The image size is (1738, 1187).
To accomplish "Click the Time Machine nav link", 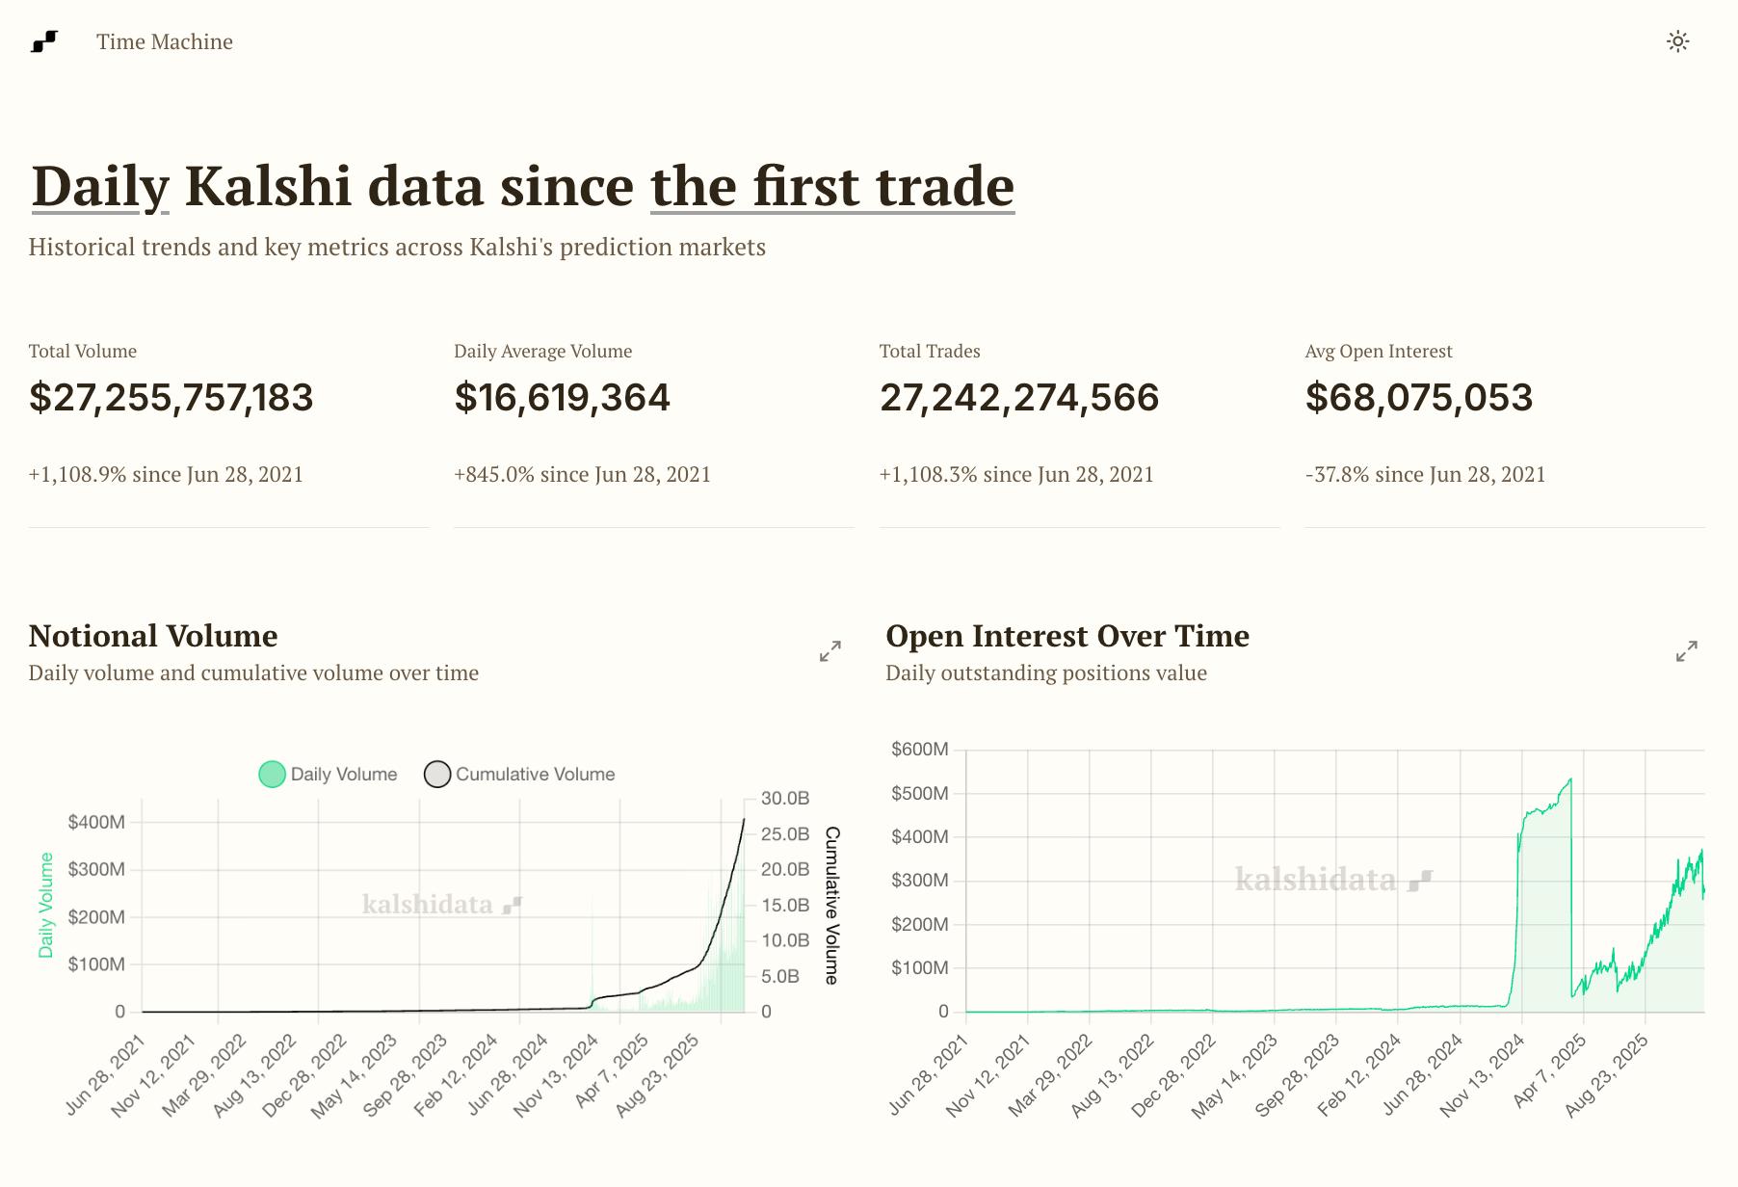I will [x=164, y=41].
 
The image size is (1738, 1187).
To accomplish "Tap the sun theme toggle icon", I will [x=1677, y=41].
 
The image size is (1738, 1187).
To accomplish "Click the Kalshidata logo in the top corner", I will [x=44, y=41].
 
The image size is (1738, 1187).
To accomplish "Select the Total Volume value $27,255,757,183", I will [x=171, y=398].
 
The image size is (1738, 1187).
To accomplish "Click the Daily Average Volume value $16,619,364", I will [x=562, y=398].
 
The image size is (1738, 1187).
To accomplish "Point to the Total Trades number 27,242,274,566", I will [x=1019, y=398].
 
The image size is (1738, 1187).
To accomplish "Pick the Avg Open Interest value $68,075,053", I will [x=1418, y=398].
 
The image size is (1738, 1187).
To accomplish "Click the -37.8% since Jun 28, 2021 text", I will [x=1425, y=474].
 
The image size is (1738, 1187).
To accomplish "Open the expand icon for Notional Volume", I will [x=829, y=652].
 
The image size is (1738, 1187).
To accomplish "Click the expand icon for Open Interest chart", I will [x=1686, y=652].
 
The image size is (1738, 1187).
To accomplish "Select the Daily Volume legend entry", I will [x=329, y=774].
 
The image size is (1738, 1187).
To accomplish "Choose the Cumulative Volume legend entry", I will [x=520, y=774].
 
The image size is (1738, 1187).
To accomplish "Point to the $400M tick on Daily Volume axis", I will [x=96, y=822].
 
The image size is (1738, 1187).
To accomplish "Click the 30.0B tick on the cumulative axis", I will [x=785, y=798].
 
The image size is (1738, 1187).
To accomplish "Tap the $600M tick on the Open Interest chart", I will [x=920, y=749].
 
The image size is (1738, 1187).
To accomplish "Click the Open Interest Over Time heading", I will [x=1067, y=636].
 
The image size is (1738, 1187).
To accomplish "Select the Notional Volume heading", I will [x=153, y=636].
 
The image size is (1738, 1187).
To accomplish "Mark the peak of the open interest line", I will [x=1570, y=779].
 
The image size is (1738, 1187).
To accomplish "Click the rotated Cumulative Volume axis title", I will [x=832, y=905].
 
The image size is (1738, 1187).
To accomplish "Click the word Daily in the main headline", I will [x=100, y=186].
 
